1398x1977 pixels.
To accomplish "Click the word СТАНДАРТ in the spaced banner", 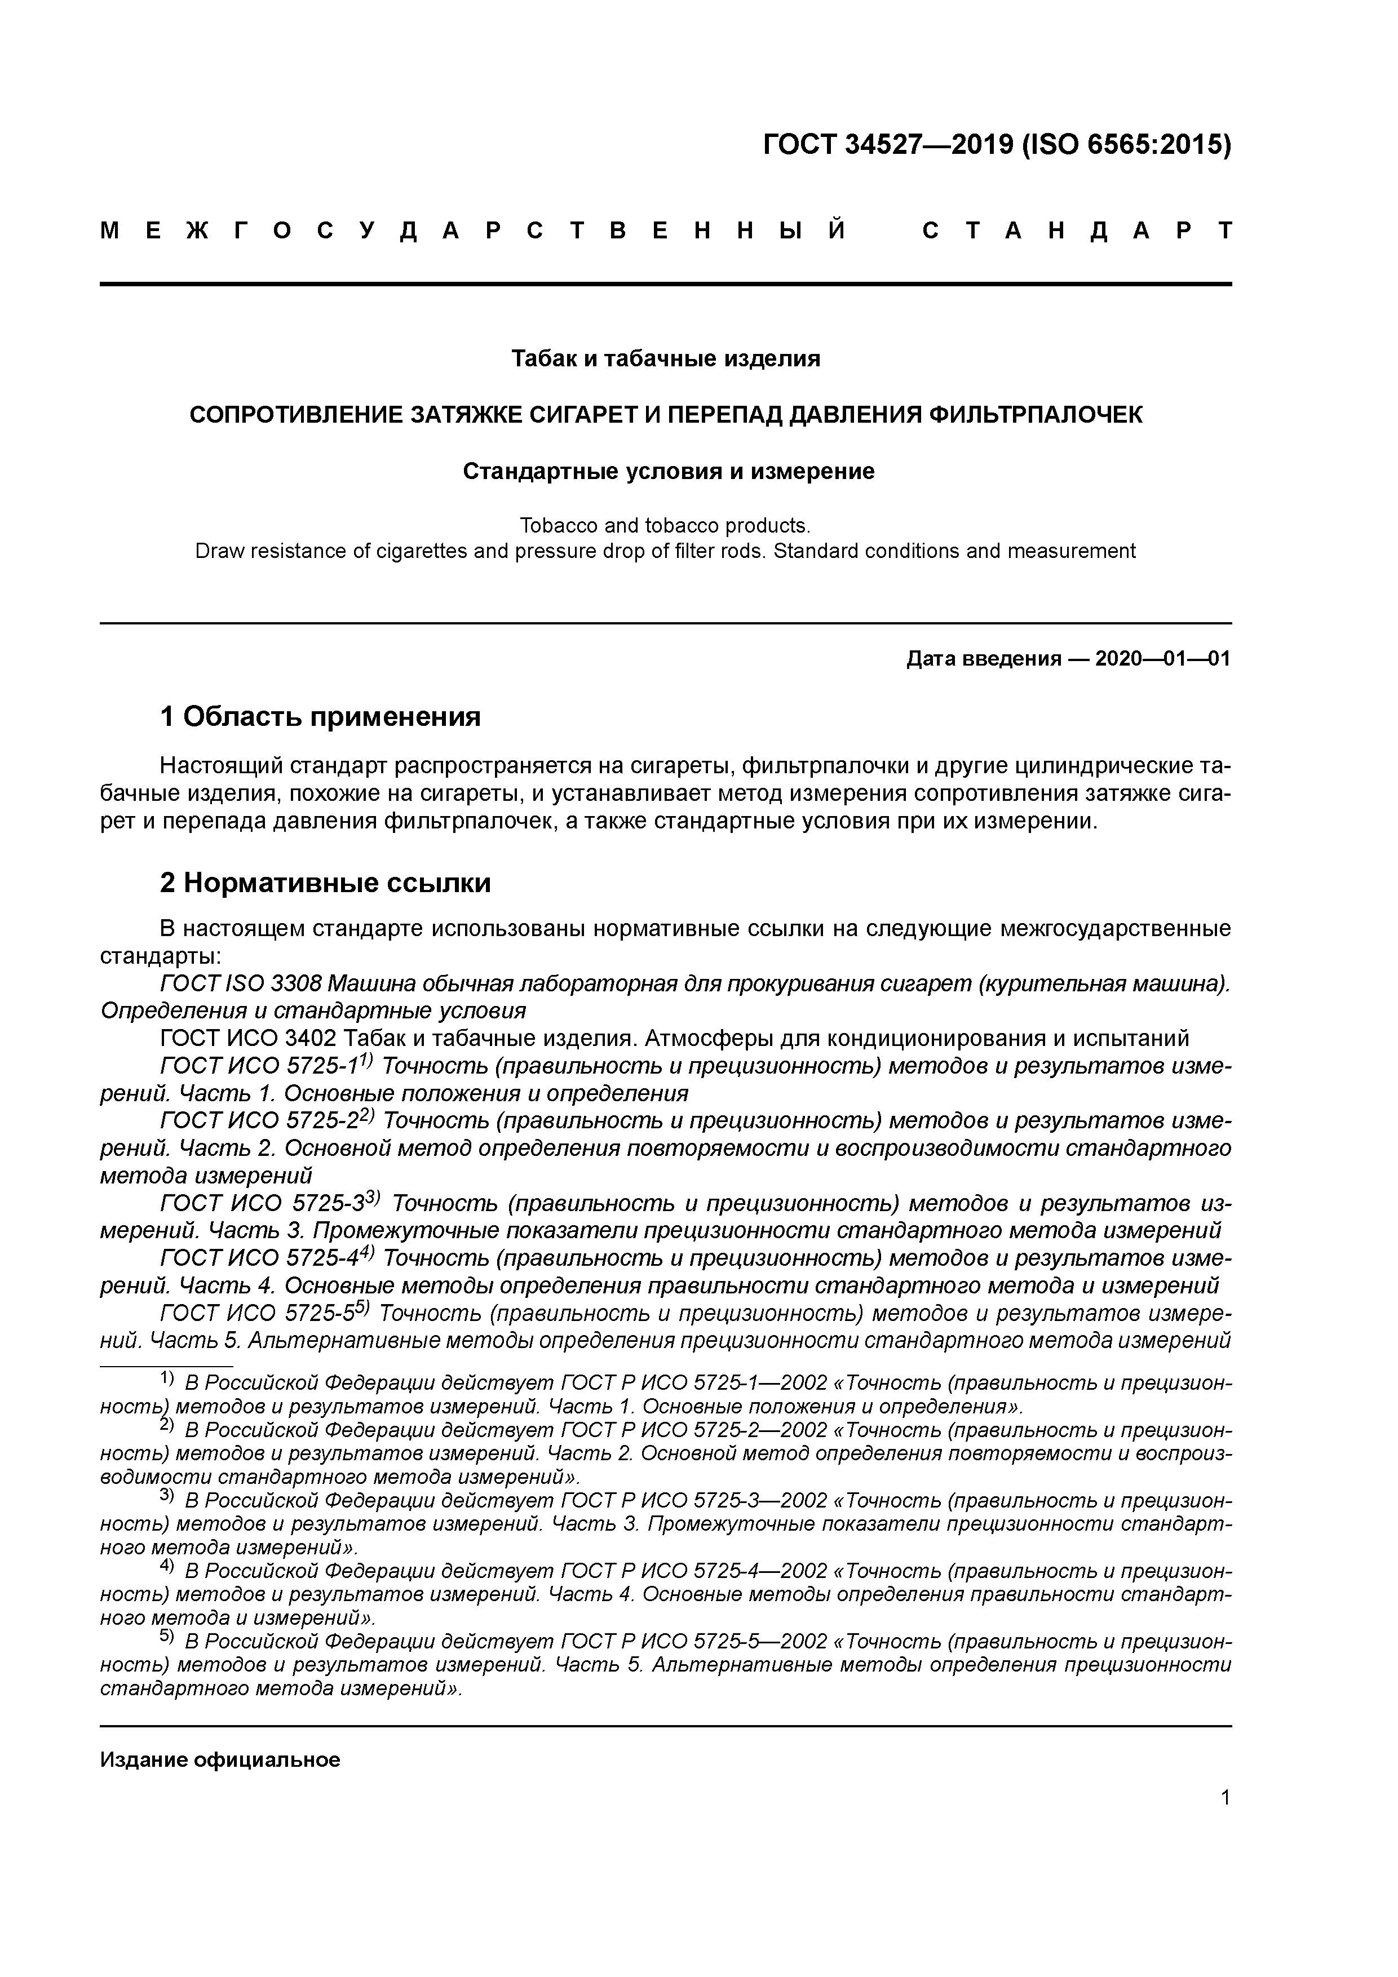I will (1076, 230).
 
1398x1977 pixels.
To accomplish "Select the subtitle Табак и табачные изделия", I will (665, 358).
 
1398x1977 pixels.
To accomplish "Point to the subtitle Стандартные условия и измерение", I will (669, 471).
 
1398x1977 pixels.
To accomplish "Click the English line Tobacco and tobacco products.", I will (665, 525).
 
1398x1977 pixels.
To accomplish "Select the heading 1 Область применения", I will (320, 716).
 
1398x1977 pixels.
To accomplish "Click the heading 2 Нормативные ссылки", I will (326, 883).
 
